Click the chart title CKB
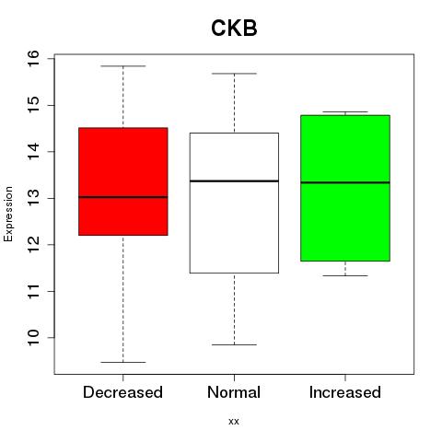click(234, 28)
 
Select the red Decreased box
click(123, 181)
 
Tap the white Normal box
click(234, 203)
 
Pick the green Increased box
click(345, 188)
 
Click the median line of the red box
click(123, 197)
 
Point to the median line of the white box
click(234, 181)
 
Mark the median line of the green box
click(345, 182)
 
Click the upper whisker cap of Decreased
click(123, 66)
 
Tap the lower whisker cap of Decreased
click(123, 362)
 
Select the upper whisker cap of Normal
click(234, 74)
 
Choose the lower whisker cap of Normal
click(234, 344)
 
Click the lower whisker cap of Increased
click(345, 275)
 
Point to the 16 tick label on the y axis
click(33, 59)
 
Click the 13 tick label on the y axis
click(33, 198)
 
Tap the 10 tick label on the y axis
click(33, 338)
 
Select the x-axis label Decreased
click(122, 392)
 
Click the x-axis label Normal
click(234, 392)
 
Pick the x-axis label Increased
click(345, 392)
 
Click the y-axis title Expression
click(8, 214)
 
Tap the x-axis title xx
click(234, 422)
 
